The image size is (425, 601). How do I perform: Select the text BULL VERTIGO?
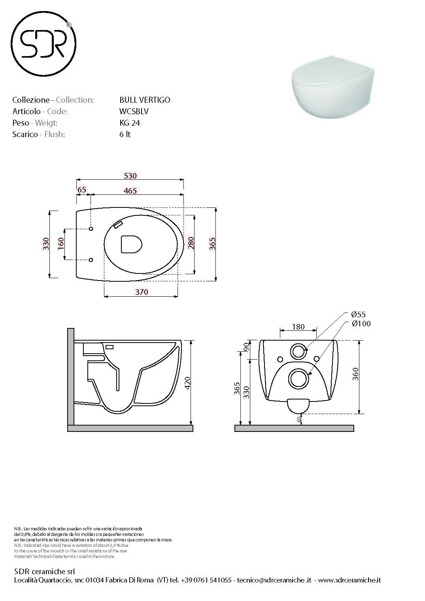(145, 100)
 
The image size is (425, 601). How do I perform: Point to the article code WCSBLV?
(134, 111)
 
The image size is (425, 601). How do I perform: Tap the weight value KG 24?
(130, 123)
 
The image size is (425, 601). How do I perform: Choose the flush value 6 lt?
(125, 134)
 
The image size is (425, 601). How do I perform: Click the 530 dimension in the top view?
(130, 176)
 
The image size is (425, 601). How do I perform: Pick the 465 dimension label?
(130, 191)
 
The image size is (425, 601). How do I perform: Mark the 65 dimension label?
(82, 190)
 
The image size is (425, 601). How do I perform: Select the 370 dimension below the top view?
(141, 292)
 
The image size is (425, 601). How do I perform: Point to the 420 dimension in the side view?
(188, 382)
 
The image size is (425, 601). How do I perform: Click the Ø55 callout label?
(358, 315)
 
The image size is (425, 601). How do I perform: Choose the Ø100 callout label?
(361, 324)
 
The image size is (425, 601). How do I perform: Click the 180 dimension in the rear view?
(298, 327)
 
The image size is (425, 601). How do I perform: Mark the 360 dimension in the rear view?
(355, 374)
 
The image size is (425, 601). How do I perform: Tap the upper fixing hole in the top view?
(91, 229)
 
